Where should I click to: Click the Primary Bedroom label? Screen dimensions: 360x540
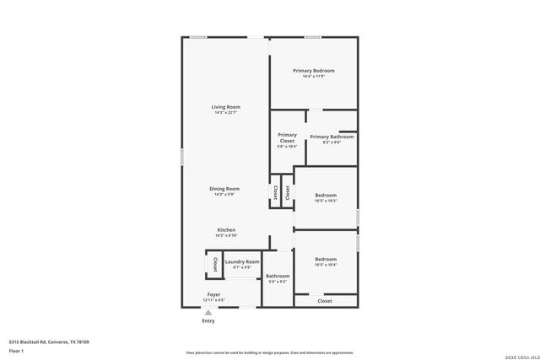tap(313, 71)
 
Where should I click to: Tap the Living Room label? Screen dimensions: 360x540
tap(226, 107)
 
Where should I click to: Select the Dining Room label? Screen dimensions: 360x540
tap(226, 189)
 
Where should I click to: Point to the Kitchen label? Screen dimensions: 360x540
tap(226, 230)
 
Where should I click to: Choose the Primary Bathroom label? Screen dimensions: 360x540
tap(332, 137)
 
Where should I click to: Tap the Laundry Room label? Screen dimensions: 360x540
tap(241, 262)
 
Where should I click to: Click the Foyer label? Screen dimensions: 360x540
tap(214, 294)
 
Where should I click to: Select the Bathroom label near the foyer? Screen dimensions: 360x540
tap(278, 276)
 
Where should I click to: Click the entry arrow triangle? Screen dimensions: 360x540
tap(208, 313)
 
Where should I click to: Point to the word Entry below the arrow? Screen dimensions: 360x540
tap(208, 321)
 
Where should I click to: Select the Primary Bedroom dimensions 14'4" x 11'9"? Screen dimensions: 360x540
tap(313, 77)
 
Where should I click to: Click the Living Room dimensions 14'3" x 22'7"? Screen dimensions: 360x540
tap(226, 113)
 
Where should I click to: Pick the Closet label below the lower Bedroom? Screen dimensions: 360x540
tap(325, 301)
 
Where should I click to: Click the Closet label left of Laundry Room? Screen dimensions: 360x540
tap(215, 264)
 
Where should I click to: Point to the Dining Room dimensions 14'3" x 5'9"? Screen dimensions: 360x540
tap(226, 195)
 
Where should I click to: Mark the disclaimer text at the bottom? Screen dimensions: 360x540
tap(269, 353)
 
